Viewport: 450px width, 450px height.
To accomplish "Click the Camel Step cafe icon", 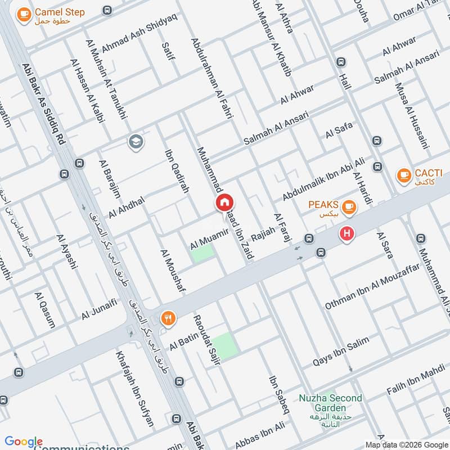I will [24, 15].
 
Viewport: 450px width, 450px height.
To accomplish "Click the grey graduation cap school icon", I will [136, 142].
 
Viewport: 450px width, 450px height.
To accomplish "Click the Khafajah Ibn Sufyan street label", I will [134, 388].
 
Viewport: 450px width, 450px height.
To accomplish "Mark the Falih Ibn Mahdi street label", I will [415, 382].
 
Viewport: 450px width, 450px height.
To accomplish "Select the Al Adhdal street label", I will [127, 207].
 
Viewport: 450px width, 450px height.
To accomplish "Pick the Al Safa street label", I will [339, 130].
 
